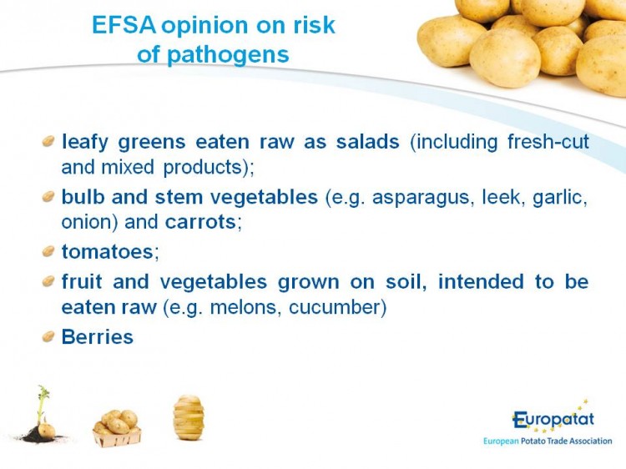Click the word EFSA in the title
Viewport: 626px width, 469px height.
(124, 25)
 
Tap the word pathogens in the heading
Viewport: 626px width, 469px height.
(228, 55)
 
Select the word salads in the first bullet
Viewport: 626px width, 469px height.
(368, 142)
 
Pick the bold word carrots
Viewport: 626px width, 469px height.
(200, 222)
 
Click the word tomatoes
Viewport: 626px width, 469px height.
(108, 252)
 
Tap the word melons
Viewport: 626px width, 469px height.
(243, 307)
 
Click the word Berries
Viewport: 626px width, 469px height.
(98, 337)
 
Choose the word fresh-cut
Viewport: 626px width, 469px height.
(548, 142)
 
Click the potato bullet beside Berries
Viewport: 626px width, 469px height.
(48, 336)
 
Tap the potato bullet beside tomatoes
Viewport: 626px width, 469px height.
(48, 251)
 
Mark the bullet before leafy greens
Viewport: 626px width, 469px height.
(48, 141)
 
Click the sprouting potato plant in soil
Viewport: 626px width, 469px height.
(42, 415)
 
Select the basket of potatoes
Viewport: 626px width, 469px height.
(117, 428)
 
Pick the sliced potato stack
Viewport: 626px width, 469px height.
(189, 417)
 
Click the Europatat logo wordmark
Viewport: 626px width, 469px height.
(553, 419)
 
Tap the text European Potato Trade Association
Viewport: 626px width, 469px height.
(548, 441)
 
